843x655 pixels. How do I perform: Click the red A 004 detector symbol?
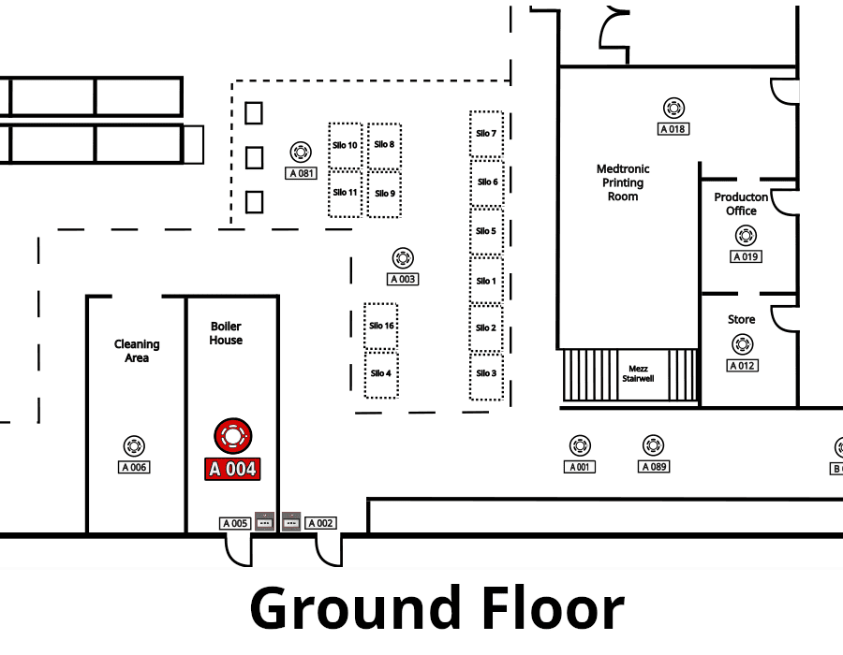(233, 436)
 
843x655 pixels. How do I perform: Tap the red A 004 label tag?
(232, 469)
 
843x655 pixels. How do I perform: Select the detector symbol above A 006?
(134, 445)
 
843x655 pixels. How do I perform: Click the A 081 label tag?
(301, 173)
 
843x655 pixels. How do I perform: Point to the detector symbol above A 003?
(403, 258)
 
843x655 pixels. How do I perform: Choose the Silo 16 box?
(381, 326)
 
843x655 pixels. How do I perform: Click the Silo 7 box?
(486, 134)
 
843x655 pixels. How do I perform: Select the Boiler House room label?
(226, 333)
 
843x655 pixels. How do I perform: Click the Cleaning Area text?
(137, 351)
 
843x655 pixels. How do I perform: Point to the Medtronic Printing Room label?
(623, 182)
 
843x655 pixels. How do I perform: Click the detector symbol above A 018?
(673, 108)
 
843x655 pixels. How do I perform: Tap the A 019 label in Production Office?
(746, 256)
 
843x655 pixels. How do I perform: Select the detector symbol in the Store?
(743, 344)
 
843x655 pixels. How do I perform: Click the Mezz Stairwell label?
(638, 373)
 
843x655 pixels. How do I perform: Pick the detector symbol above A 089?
(653, 445)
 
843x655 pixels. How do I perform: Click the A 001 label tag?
(580, 467)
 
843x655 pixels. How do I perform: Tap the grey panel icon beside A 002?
(291, 522)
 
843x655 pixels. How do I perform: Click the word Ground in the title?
(355, 609)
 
